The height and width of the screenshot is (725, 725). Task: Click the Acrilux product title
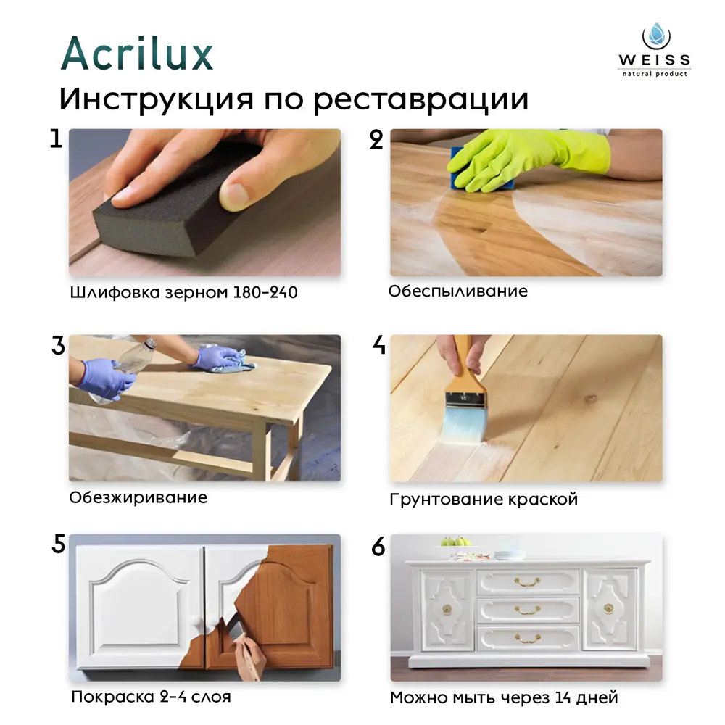click(137, 53)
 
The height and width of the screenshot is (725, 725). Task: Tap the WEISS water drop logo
click(656, 36)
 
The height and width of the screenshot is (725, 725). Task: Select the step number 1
click(56, 138)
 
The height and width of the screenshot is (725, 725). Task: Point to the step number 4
click(378, 344)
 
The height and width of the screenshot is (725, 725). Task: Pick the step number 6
click(378, 547)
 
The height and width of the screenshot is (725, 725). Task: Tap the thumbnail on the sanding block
click(234, 194)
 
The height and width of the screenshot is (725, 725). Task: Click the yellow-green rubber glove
click(527, 157)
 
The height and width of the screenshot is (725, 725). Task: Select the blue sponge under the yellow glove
click(481, 173)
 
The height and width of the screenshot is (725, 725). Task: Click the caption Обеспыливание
click(457, 291)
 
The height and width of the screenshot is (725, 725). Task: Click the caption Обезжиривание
click(138, 497)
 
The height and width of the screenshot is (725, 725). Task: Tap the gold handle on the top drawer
click(527, 581)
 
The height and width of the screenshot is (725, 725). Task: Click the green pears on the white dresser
click(455, 541)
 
